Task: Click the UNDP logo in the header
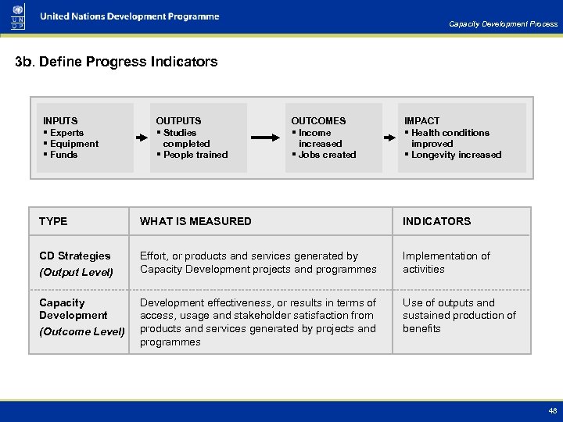pos(18,16)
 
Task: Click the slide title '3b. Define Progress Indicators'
pos(117,62)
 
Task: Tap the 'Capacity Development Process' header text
pos(503,24)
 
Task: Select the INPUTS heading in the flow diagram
pos(60,121)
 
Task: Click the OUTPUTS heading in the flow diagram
pos(178,121)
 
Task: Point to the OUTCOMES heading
pos(318,121)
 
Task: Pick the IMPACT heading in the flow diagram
pos(421,121)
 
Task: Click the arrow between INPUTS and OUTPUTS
pos(142,138)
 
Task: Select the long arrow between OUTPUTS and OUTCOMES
pos(266,138)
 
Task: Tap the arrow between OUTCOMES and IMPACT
pos(389,138)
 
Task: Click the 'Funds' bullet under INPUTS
pos(63,155)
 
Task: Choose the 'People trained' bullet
pos(195,155)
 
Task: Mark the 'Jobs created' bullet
pos(326,155)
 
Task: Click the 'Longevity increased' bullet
pos(455,155)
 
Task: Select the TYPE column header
pos(53,221)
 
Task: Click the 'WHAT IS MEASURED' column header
pos(195,221)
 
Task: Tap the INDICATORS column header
pos(436,221)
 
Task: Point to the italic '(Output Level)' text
pos(77,272)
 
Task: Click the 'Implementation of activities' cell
pos(446,263)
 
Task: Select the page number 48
pos(553,410)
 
